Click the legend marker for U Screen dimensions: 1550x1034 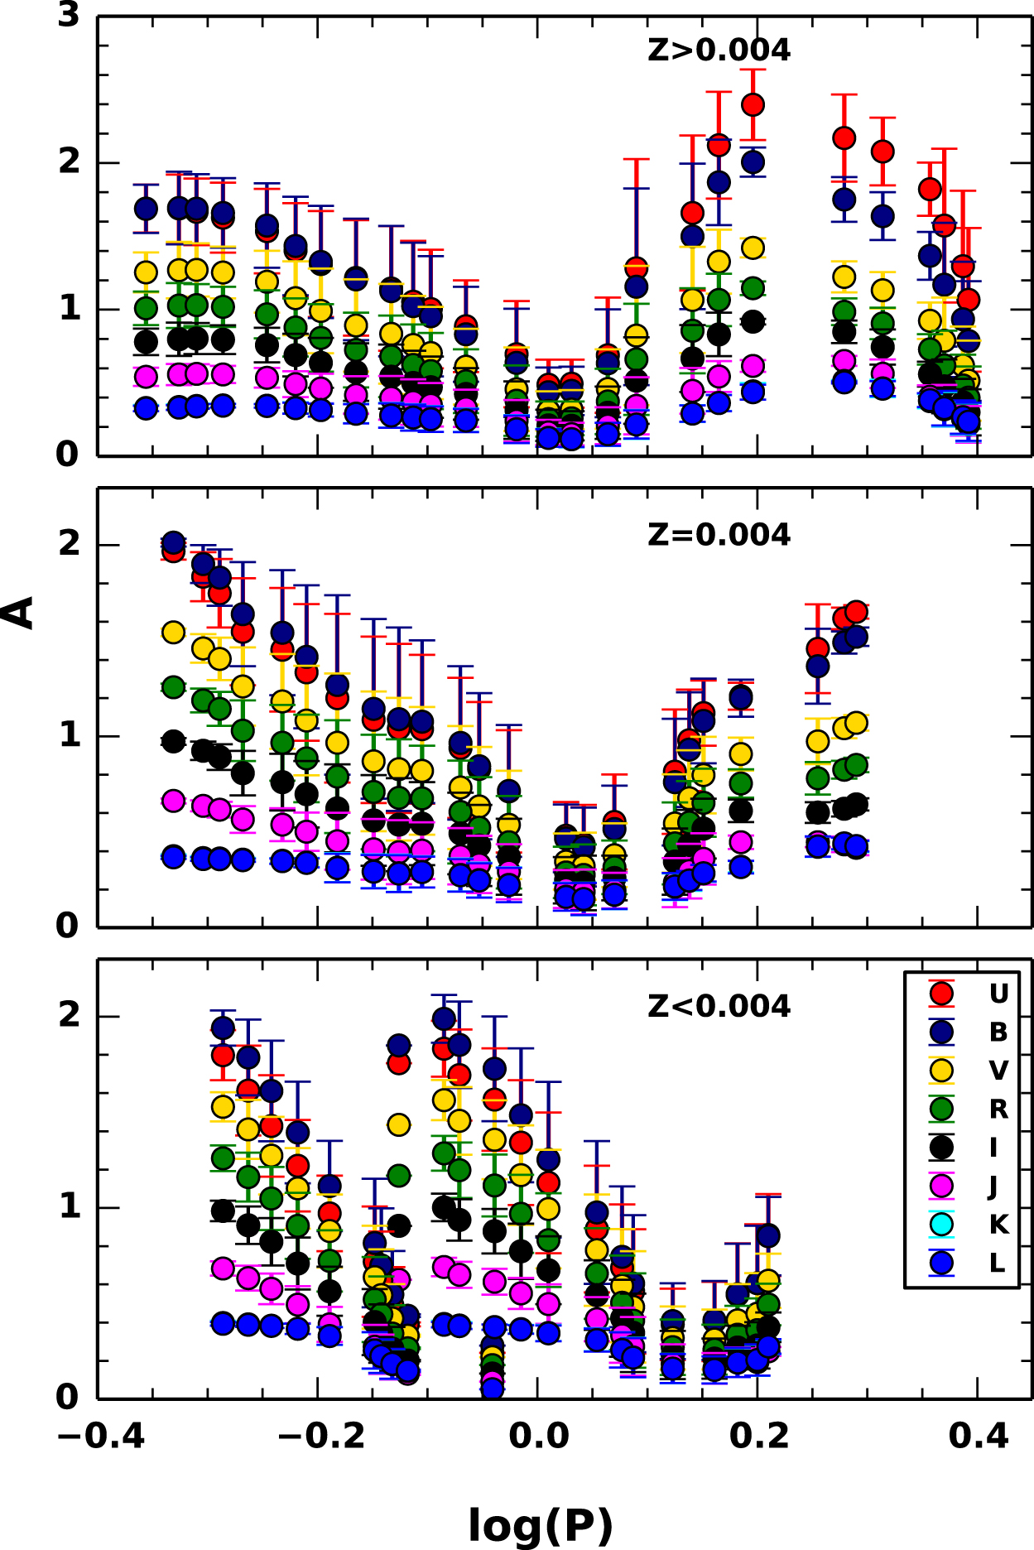pos(941,993)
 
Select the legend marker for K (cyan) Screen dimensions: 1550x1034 pos(941,1224)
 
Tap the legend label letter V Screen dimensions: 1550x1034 pos(998,1071)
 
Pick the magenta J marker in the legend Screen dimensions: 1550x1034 pos(941,1186)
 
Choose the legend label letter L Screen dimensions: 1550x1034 pos(998,1264)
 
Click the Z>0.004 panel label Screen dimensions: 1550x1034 pos(719,51)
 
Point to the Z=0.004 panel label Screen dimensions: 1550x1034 pos(719,535)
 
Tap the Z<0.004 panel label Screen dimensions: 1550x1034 pos(719,1006)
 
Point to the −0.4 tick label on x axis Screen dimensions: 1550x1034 pos(100,1435)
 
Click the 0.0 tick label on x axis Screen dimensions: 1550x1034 pos(538,1435)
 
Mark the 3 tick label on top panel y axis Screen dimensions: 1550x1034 pos(69,15)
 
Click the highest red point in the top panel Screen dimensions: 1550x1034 pos(753,104)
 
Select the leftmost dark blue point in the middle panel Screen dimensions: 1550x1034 pos(173,543)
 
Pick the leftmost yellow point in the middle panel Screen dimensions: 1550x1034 pos(173,633)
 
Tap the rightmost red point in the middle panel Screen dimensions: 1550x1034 pos(856,612)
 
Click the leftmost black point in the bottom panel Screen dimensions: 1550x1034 pos(223,1211)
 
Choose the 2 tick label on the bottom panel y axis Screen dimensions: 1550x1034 pos(69,1014)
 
